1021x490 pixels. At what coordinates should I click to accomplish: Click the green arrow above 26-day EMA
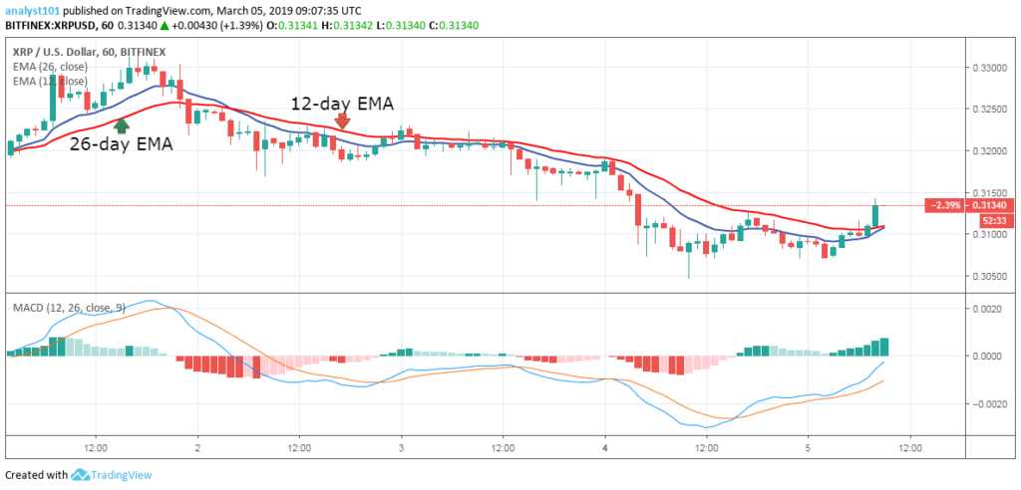coord(122,125)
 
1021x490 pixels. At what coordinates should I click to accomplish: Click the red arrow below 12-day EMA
coord(342,121)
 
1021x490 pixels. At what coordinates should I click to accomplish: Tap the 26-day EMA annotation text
coord(121,144)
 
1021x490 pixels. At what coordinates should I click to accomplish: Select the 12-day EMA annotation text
coord(342,102)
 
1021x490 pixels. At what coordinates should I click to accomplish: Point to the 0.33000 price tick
coord(993,68)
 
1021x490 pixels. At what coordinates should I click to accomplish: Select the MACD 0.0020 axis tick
coord(991,309)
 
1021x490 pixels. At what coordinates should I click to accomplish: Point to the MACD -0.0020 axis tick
coord(989,403)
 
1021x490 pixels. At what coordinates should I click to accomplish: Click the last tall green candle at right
coord(875,214)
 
